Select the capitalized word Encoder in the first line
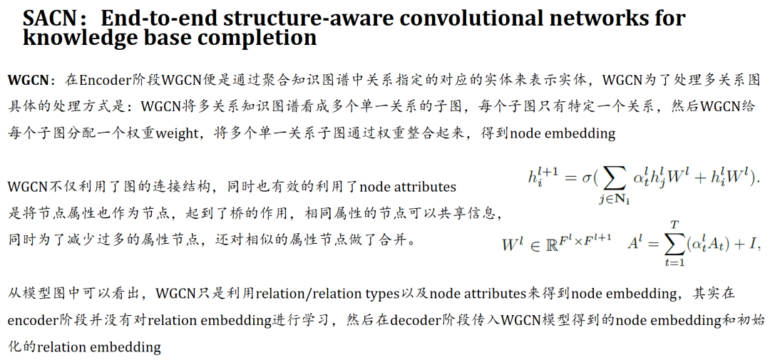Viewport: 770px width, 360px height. (104, 78)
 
